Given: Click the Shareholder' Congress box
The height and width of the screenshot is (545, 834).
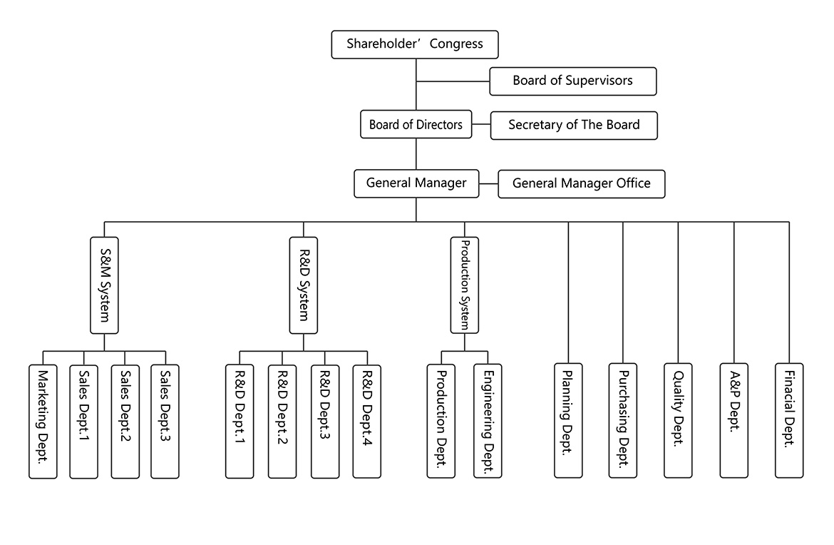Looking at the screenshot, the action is click(415, 44).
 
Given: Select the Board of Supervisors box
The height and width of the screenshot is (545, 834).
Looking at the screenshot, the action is click(573, 81).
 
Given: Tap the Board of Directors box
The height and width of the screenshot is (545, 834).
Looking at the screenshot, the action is click(416, 124).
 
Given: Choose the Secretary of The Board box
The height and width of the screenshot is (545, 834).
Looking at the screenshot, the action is click(574, 125).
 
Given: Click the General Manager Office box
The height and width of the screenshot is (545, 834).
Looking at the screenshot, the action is click(582, 184).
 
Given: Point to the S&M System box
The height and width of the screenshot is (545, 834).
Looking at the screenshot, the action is click(104, 285).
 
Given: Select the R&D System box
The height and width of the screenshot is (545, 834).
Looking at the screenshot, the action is click(304, 285).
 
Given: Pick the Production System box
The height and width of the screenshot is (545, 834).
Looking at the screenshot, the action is click(464, 285).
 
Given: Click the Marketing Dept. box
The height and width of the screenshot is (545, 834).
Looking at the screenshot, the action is click(43, 422).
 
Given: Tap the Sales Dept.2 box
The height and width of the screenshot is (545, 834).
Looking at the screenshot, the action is click(125, 422).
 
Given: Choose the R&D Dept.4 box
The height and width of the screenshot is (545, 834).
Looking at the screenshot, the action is click(367, 422).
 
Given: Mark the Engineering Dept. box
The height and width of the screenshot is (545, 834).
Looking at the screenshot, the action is click(488, 421).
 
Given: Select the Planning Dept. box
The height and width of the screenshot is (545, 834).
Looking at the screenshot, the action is click(568, 420).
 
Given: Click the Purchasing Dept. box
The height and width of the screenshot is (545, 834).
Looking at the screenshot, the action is click(623, 420).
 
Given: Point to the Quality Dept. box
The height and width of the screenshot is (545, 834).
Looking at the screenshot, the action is click(678, 420).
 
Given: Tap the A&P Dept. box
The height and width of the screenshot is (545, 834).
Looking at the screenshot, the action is click(734, 420).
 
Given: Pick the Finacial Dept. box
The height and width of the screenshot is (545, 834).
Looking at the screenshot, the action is click(789, 420).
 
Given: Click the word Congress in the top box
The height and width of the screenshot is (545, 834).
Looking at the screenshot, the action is click(456, 44).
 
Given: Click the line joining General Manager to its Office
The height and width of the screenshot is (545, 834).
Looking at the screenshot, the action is click(488, 183).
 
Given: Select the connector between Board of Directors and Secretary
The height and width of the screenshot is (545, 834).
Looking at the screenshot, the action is click(481, 125).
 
